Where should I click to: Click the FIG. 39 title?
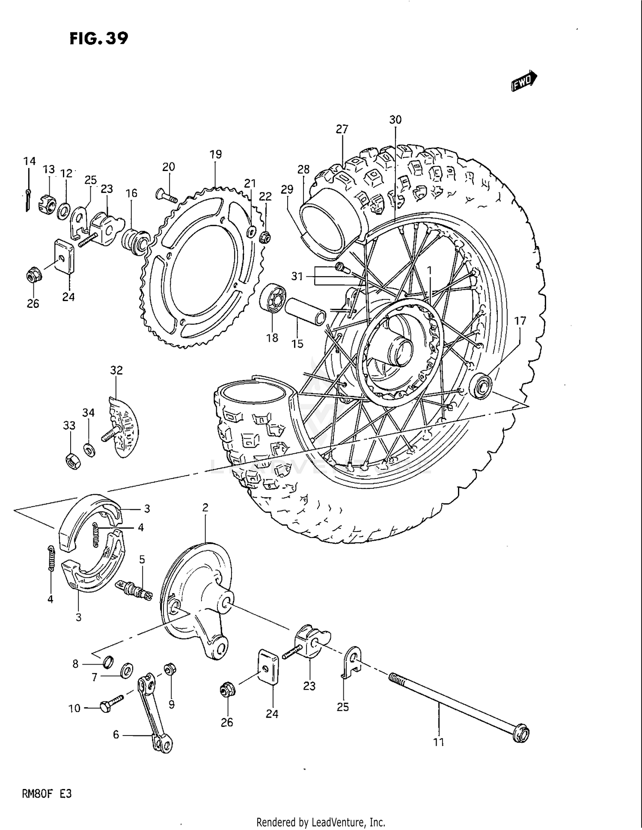[99, 38]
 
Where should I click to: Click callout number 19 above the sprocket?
[216, 154]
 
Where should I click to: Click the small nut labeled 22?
[265, 236]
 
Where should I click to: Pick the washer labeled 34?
[89, 449]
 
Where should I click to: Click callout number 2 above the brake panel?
[205, 508]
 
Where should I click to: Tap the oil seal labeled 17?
[481, 386]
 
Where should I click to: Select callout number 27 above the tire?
[342, 129]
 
